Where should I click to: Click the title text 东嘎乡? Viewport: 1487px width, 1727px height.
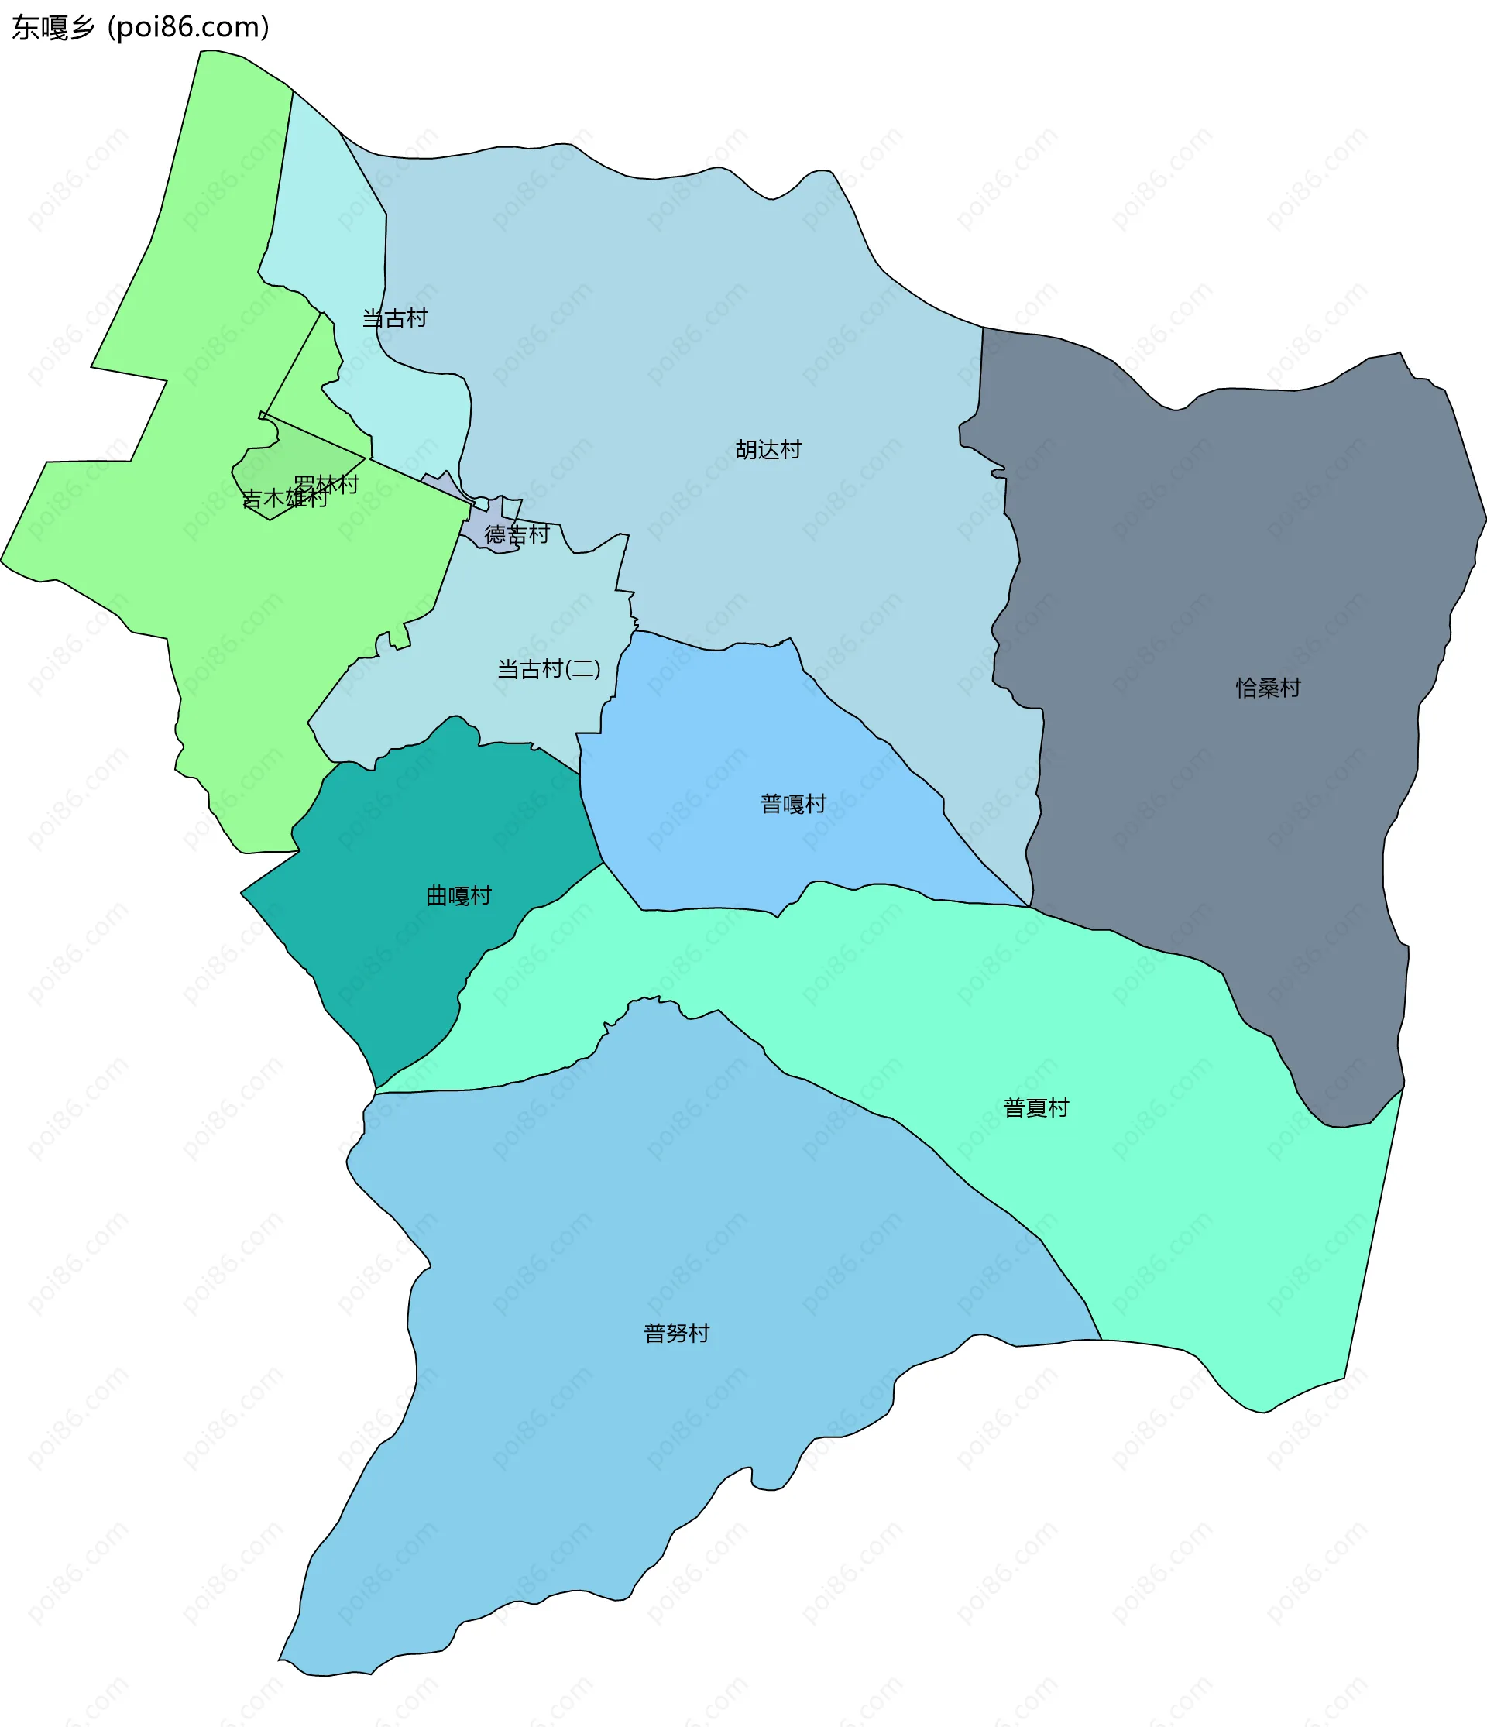[x=53, y=28]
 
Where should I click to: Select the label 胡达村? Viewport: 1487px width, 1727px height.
[x=768, y=450]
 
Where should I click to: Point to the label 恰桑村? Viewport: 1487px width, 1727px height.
[x=1268, y=688]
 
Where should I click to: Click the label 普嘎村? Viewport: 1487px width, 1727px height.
[x=792, y=804]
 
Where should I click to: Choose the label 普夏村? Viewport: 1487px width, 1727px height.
[x=1036, y=1107]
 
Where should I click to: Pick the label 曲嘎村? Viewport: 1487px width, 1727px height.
[x=458, y=896]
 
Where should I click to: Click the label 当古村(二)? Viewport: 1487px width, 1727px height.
[x=548, y=668]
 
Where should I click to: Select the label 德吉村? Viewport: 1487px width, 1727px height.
[x=517, y=534]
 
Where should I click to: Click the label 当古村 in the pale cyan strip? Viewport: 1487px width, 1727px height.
[x=394, y=318]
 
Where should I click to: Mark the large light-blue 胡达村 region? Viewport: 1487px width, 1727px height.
[x=667, y=334]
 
